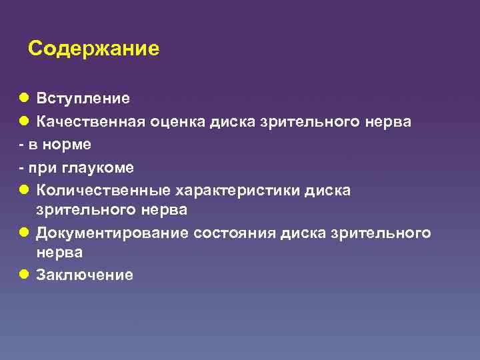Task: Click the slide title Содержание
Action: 94,49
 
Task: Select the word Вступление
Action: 83,99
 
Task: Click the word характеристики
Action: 237,190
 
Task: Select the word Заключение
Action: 85,275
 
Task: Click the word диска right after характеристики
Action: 327,190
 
